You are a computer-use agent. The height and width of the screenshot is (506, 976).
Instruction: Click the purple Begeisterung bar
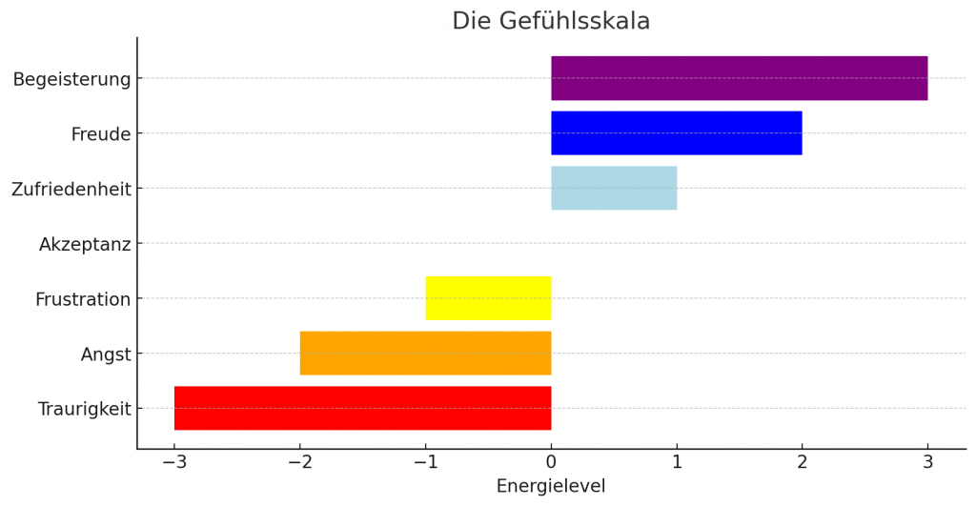coord(739,78)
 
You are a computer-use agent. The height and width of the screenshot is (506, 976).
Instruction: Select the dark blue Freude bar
coord(676,133)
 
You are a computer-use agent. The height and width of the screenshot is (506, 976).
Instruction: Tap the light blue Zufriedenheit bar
coord(614,189)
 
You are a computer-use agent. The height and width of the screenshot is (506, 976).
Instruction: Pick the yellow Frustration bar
coord(488,298)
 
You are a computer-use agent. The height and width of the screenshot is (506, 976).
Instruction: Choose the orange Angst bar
coord(425,354)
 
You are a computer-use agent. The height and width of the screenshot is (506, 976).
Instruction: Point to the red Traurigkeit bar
coord(362,408)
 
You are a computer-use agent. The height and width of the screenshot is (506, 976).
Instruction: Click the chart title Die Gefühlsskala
coord(551,21)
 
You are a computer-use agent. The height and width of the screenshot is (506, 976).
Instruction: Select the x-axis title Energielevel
coord(551,486)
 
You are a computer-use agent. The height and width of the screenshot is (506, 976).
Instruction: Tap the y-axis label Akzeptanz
coord(85,245)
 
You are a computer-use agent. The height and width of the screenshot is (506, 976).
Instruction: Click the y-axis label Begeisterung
coord(71,79)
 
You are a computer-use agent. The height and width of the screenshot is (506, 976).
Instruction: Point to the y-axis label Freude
coord(100,134)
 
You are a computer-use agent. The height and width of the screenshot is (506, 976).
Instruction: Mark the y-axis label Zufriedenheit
coord(71,190)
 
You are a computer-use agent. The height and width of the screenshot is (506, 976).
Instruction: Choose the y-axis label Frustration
coord(83,300)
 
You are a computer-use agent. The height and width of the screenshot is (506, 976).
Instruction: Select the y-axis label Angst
coord(106,355)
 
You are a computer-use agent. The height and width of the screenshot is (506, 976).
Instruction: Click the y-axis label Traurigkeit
coord(84,410)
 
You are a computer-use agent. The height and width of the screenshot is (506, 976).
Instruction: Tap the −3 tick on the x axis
coord(174,462)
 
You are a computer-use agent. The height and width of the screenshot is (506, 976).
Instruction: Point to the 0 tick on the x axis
coord(551,462)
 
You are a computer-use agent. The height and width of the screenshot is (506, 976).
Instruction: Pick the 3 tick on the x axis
coord(927,462)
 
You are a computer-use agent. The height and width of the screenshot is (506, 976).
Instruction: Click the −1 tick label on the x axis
coord(425,462)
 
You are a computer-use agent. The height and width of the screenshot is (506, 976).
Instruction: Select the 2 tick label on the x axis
coord(802,462)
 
